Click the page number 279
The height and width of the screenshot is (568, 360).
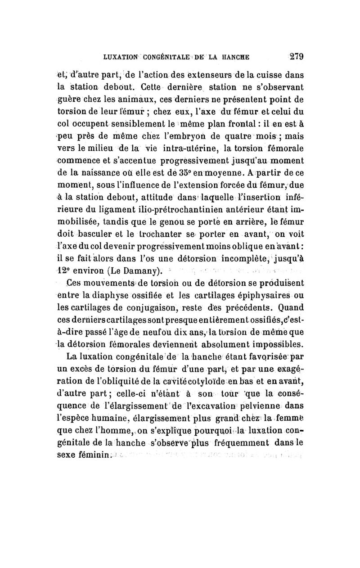click(297, 57)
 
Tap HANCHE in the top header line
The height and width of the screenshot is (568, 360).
click(233, 58)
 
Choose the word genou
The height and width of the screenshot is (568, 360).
click(189, 222)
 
